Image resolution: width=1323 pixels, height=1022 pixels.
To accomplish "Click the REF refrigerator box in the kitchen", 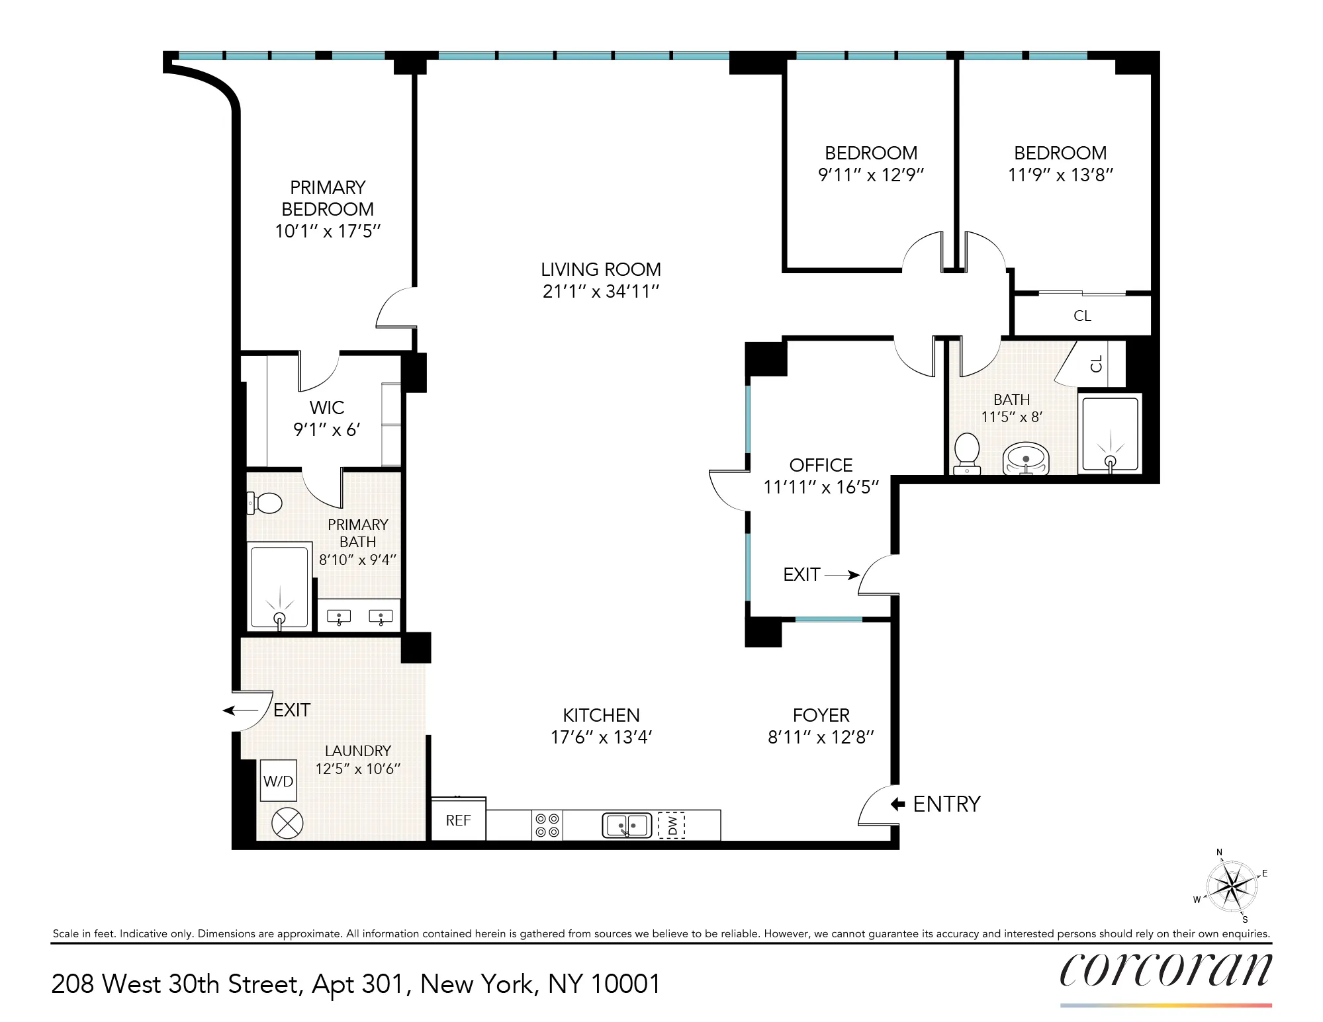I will pos(458,820).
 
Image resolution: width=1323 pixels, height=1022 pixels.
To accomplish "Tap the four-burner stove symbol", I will pos(547,826).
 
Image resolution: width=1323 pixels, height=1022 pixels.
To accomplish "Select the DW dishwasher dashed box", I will pos(672,826).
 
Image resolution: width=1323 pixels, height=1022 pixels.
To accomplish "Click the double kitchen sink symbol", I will pos(627,826).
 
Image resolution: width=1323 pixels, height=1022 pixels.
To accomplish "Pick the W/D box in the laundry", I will pos(278,781).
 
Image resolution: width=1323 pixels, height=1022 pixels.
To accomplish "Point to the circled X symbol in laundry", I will pos(287,824).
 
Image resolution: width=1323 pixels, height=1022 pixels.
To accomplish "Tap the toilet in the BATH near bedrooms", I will pos(967,452).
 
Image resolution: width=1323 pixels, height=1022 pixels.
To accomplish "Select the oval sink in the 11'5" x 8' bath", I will pos(1025,458).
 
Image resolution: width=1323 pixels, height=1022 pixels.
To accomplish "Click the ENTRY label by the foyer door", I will pos(946,804).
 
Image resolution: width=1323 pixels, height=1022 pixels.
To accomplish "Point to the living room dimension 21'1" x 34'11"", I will pos(601,292).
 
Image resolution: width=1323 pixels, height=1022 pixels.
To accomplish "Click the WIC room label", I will pos(326,407).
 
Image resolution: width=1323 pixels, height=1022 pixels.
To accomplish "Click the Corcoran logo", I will pos(1165,970).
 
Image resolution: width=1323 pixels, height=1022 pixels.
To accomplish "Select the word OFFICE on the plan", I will pos(821,465).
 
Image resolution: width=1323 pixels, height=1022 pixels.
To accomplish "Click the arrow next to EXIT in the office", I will pos(842,575).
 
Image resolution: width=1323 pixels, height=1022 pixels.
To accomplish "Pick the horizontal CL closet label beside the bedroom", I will pos(1082,316).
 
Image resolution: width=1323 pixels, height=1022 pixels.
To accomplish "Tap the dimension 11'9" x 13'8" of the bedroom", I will pos(1060,175).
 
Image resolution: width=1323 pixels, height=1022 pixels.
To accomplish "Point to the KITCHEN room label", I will pos(601,715).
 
